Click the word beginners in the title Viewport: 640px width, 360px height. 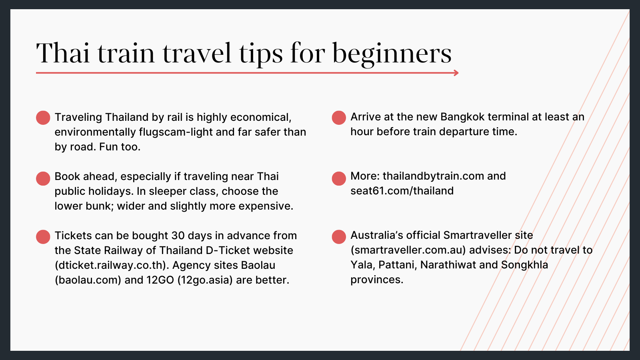[x=392, y=54]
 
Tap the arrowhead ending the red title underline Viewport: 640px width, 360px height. [x=456, y=73]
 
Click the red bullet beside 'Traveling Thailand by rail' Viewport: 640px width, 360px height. [x=43, y=118]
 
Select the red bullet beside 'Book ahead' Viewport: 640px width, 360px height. [x=43, y=178]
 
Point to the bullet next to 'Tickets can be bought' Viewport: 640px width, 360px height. [x=43, y=237]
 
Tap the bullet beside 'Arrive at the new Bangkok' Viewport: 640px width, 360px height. [x=339, y=118]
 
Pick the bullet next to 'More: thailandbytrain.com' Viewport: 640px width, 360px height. [x=339, y=178]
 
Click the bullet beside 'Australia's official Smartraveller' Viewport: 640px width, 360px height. [x=339, y=237]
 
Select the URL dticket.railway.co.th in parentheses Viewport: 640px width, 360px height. [x=110, y=265]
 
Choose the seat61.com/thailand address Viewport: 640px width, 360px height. [x=402, y=191]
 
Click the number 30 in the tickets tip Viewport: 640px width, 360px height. [x=178, y=236]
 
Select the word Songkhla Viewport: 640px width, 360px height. [x=524, y=265]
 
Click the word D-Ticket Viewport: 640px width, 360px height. [x=228, y=250]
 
